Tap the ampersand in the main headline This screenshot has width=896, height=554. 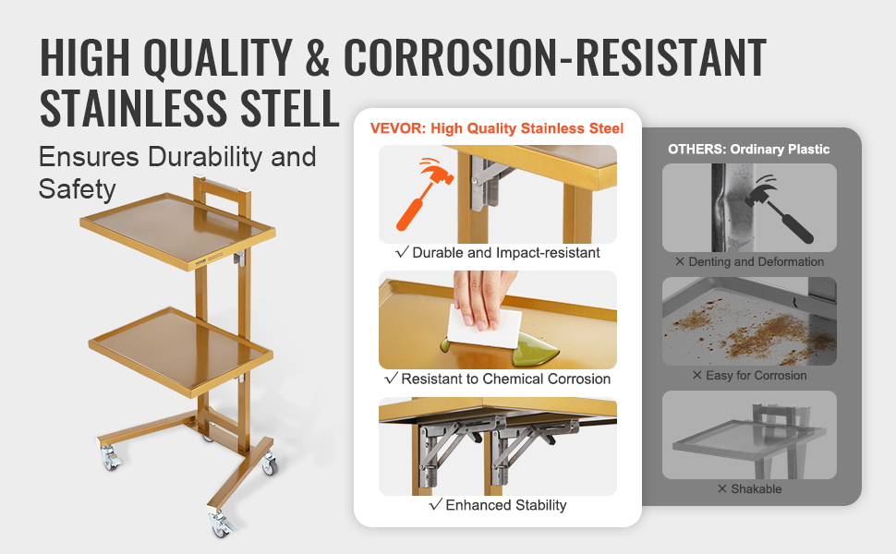tap(318, 57)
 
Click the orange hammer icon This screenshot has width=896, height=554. tap(424, 193)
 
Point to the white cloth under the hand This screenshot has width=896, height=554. tap(483, 328)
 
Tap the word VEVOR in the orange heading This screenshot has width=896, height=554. tap(397, 128)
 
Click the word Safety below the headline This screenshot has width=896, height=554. tap(78, 189)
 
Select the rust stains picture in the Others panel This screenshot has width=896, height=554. tap(749, 321)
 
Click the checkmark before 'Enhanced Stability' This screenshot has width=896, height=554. tap(435, 504)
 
